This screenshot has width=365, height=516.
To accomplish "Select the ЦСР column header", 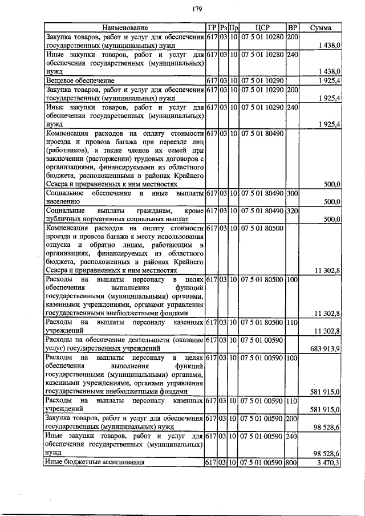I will point(262,27).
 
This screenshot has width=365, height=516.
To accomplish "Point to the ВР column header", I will point(293,27).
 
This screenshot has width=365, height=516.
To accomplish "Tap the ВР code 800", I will point(293,462).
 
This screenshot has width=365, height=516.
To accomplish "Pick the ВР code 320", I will point(293,211).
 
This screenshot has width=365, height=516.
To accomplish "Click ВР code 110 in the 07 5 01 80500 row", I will point(293,323).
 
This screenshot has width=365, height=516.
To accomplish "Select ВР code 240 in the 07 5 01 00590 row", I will point(293,436).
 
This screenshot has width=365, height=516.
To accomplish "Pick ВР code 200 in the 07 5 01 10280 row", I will point(293,37).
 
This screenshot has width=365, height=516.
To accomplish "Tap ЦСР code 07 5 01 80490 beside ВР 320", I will point(262,211).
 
